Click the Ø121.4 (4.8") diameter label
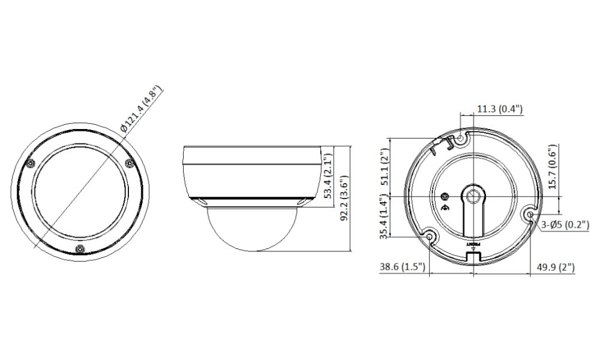tap(141, 109)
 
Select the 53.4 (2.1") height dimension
tap(328, 176)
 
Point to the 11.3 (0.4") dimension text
tap(500, 109)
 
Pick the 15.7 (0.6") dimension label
tap(552, 167)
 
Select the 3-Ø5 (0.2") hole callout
tap(565, 225)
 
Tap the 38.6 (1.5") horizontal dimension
tap(402, 266)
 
